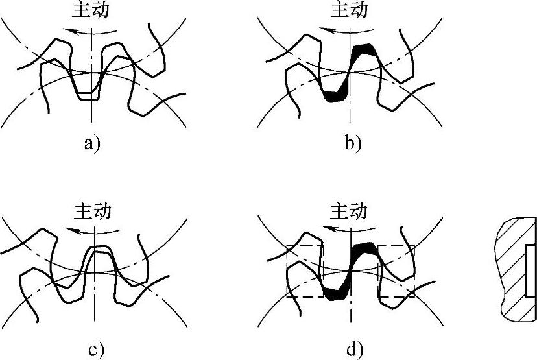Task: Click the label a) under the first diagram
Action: (x=92, y=143)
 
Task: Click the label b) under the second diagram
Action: (x=352, y=143)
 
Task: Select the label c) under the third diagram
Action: (x=95, y=351)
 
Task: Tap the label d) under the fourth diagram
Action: (x=353, y=351)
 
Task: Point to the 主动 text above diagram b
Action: (x=350, y=10)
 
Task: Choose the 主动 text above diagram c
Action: (x=93, y=211)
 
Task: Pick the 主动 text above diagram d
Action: (x=350, y=211)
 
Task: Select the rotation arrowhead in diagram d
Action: (x=328, y=230)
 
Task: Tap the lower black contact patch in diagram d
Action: (x=335, y=295)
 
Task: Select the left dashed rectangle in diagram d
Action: (x=304, y=271)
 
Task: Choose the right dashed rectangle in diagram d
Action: (x=396, y=271)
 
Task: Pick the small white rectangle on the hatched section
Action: (x=531, y=269)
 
